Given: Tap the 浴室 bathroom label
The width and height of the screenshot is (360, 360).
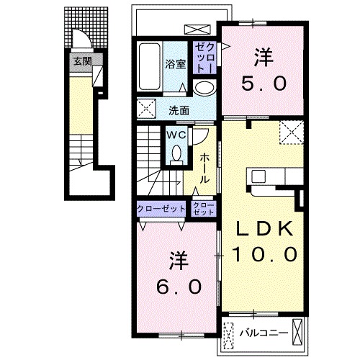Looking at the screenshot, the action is pos(176,64).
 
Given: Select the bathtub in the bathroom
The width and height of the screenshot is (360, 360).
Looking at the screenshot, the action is pos(150,66).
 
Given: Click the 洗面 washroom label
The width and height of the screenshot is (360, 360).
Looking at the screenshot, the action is pos(179,111).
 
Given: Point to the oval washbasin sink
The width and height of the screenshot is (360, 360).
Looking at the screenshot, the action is pos(204,88).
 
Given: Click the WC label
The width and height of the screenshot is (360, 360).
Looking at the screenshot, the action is pos(176,135).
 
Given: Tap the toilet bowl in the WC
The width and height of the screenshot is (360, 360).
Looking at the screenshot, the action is pos(176,153).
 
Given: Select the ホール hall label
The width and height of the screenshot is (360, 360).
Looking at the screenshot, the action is pos(204,168).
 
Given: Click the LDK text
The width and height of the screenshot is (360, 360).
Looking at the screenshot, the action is pos(264,228).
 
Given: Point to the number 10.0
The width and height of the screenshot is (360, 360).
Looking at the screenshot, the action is pos(265,255).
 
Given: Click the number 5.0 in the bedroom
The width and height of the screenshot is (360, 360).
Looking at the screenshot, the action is pos(264,84).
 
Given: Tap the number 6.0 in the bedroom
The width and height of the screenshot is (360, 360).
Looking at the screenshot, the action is pos(179,287).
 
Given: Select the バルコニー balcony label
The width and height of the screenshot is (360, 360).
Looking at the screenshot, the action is pos(264,333).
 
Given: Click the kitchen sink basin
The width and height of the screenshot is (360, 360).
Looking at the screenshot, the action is pos(258,176).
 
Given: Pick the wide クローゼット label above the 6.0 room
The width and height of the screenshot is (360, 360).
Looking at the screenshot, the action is pos(161,209).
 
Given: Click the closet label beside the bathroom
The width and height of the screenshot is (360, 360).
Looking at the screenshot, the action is pos(204,58).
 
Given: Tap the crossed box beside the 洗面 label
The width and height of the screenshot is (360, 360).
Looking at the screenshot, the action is pos(146,108).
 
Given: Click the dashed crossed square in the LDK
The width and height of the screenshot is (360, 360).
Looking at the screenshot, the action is pos(292,132).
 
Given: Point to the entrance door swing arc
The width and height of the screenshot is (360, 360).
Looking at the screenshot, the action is pos(86,36).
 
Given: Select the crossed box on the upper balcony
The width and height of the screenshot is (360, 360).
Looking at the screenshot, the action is pos(197,30).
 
